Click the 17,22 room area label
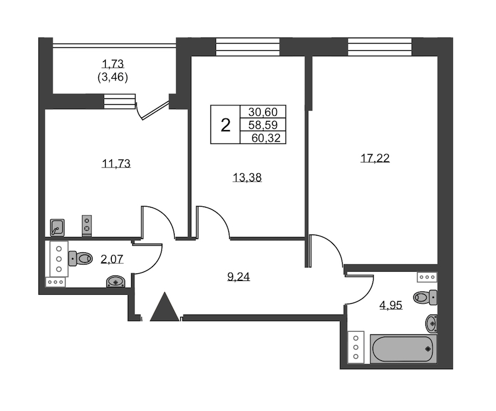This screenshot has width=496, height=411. point(375,158)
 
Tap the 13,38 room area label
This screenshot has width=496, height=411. point(247,178)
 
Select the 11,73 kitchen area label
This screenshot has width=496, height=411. point(116,164)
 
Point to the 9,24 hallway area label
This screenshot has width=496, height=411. point(239,277)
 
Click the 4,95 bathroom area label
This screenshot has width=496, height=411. point(391,305)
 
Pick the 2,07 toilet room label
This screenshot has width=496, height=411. point(112,259)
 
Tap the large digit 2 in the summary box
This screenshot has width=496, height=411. point(225,125)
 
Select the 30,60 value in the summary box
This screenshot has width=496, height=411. point(263,112)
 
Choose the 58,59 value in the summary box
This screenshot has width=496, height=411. point(263,125)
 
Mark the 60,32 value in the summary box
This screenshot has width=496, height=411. point(266,138)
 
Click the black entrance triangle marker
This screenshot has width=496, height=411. point(164,307)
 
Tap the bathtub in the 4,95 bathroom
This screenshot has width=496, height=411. point(403,349)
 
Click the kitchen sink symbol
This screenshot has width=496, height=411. point(57,228)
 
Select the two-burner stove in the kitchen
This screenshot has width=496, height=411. point(87,225)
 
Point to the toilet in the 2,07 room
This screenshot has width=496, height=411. point(80,258)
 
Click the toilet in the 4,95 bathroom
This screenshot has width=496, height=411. point(425,297)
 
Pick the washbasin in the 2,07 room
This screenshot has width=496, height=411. point(116,282)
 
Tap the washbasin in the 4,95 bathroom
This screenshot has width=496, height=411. point(432,323)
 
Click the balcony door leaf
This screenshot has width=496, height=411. point(155,110)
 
